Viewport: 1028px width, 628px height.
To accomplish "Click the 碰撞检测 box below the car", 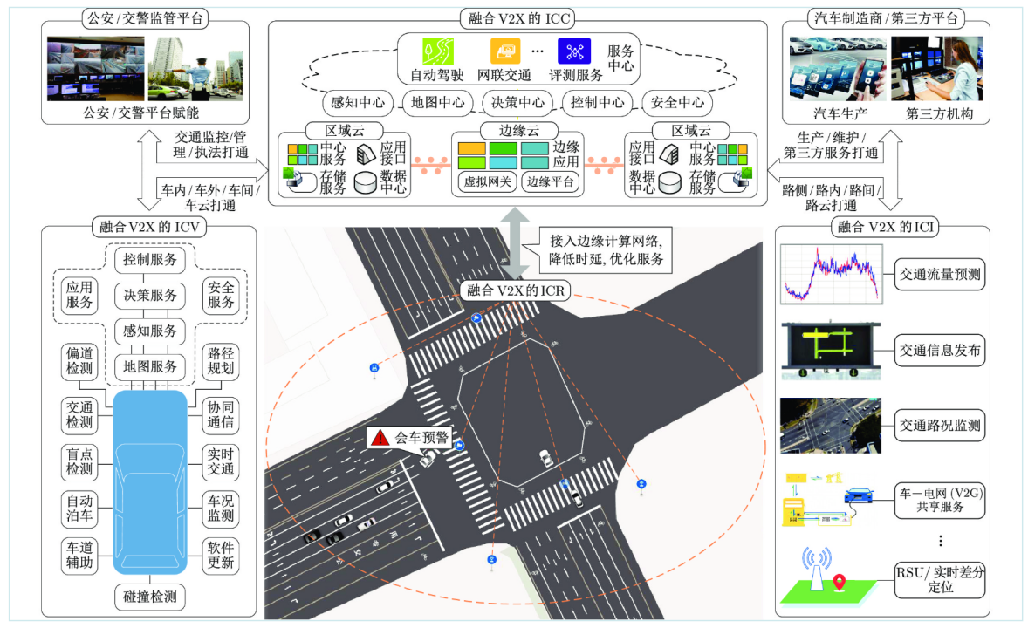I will tap(146, 597).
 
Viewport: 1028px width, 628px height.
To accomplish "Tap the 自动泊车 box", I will tap(79, 510).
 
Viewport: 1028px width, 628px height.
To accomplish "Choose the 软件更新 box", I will tap(221, 556).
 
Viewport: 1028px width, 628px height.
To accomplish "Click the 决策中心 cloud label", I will tap(517, 102).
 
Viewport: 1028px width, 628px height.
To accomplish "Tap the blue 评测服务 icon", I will tap(574, 50).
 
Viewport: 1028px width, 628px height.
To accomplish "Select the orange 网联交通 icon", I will tap(504, 50).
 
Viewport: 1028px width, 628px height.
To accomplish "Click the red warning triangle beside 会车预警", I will tap(379, 438).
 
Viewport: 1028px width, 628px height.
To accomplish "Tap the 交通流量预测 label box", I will tap(940, 275).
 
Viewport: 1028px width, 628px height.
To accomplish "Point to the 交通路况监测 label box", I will tap(940, 427).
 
